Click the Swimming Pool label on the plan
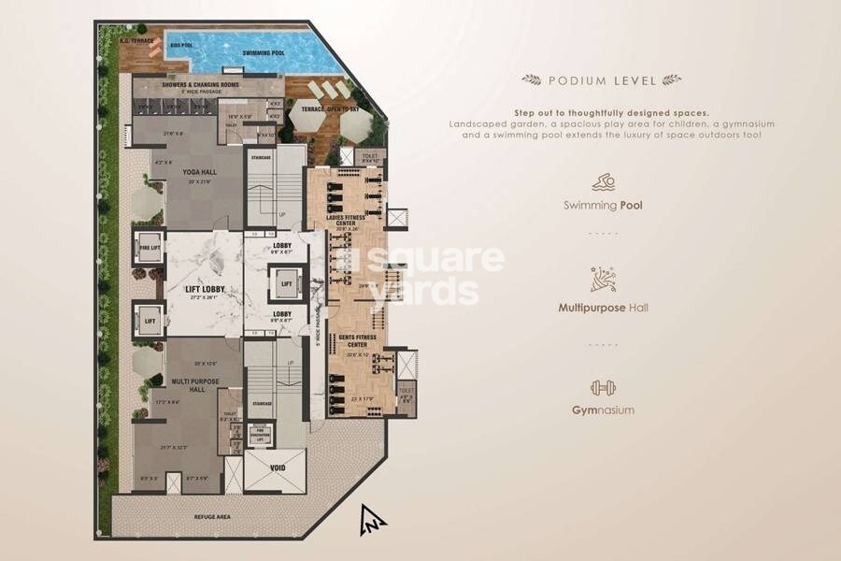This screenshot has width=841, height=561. point(264,53)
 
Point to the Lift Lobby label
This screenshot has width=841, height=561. point(195,291)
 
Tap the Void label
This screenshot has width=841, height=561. point(277,467)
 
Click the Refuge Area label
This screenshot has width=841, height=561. point(211,516)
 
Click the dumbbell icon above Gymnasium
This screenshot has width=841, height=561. point(602,386)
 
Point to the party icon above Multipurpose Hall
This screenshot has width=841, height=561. point(602,280)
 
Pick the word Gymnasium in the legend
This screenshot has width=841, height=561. point(603,410)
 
